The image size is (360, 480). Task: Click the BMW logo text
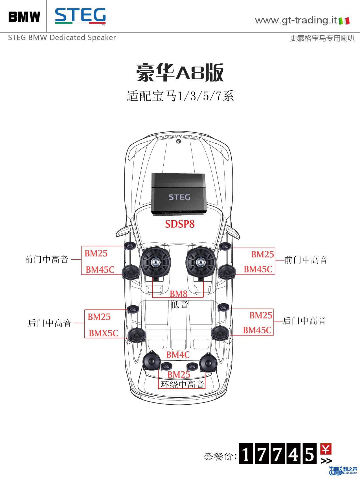tap(24, 17)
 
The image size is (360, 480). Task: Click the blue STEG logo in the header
tap(80, 16)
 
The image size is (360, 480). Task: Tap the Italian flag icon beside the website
tap(344, 21)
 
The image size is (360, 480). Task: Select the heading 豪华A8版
tap(180, 73)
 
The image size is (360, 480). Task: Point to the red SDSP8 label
tap(180, 224)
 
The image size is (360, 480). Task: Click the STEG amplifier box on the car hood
tap(179, 194)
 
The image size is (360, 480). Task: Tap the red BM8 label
tap(179, 294)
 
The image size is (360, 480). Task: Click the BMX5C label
tap(103, 333)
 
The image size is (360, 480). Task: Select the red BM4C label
tap(178, 355)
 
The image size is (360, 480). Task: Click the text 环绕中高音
tap(182, 384)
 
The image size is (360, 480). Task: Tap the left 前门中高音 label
tap(47, 259)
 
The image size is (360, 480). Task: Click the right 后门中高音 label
tap(304, 321)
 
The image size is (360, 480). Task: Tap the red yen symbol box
tap(326, 449)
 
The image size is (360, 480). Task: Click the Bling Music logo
tap(343, 470)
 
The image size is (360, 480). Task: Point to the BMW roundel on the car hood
tap(178, 141)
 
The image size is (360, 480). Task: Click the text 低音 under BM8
tap(179, 304)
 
